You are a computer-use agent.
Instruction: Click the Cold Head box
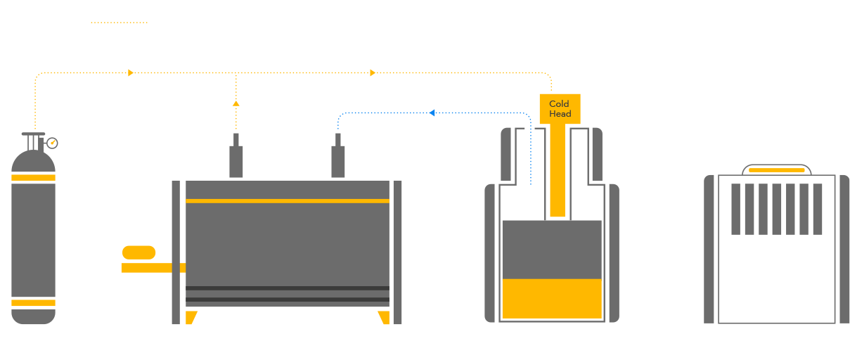pos(560,109)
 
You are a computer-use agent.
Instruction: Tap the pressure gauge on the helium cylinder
pos(51,143)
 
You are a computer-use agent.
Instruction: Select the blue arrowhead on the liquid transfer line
pos(432,112)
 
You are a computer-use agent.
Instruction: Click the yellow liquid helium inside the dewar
pos(552,299)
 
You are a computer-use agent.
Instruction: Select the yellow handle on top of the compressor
pos(777,170)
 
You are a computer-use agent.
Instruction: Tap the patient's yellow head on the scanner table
pos(139,252)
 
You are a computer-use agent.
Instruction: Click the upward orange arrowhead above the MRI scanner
pos(236,103)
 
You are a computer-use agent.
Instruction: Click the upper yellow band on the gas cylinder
pos(33,177)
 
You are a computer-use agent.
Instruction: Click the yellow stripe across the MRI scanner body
pos(287,201)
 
